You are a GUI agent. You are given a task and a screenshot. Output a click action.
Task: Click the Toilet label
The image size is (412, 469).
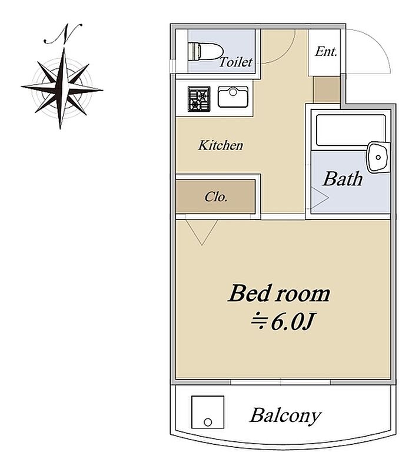click(236, 62)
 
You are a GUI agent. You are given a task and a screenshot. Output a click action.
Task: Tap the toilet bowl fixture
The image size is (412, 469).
click(205, 52)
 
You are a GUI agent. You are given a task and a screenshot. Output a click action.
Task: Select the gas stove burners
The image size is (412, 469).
click(199, 99)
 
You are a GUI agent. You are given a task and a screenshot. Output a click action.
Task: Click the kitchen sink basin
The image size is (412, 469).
click(233, 97)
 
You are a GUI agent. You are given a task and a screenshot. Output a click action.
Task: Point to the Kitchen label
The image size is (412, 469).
click(221, 145)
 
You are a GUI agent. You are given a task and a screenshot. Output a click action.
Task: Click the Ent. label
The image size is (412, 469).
click(326, 51)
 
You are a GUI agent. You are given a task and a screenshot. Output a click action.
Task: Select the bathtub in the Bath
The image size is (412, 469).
click(350, 130)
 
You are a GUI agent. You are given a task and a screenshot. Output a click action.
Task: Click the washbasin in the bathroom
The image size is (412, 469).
click(378, 157)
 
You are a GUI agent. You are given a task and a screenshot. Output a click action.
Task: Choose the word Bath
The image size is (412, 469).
click(343, 179)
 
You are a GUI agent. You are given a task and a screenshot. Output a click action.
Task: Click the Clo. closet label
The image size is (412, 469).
click(216, 197)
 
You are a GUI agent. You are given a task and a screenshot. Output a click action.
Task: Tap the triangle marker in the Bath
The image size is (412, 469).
click(320, 198)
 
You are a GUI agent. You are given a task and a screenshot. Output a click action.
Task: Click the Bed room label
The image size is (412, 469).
click(279, 294)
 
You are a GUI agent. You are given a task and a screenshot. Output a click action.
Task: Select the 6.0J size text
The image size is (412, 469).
click(293, 322)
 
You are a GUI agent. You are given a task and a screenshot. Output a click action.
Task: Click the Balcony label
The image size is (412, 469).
click(285, 415)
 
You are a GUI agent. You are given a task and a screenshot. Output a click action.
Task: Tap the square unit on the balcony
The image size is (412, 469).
click(208, 412)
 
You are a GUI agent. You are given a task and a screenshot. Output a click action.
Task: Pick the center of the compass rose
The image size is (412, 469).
click(62, 88)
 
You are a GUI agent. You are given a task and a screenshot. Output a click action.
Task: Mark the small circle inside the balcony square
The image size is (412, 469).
click(208, 423)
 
